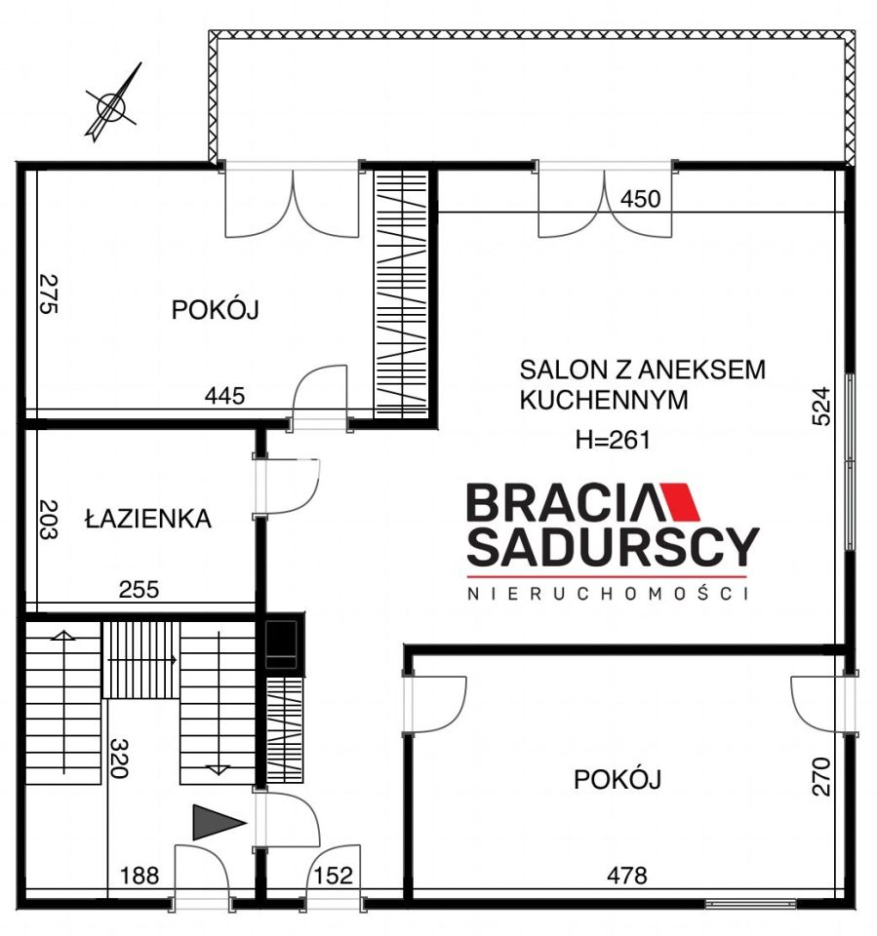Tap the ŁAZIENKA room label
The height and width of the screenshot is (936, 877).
coord(148,518)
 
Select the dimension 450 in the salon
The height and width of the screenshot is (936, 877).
coord(640,199)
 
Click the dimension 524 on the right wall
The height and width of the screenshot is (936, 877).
coord(820,407)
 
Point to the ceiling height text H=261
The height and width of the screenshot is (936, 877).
coord(613,440)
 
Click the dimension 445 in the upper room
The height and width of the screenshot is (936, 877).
coord(224,395)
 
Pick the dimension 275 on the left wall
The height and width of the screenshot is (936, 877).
coord(48,293)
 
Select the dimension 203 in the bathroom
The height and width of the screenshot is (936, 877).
coord(48,519)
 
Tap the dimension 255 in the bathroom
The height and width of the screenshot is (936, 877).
coord(139,590)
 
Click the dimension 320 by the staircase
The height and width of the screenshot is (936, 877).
coord(118,759)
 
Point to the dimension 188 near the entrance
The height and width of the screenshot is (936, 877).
coord(140,876)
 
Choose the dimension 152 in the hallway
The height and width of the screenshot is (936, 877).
coord(333,876)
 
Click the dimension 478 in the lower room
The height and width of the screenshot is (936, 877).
coord(626,876)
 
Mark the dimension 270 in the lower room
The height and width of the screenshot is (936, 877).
coord(821,776)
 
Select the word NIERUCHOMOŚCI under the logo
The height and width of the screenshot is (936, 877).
coord(608,594)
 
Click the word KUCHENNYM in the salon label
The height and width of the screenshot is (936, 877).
coord(604,400)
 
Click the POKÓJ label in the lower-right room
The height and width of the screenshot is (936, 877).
coord(618,779)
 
